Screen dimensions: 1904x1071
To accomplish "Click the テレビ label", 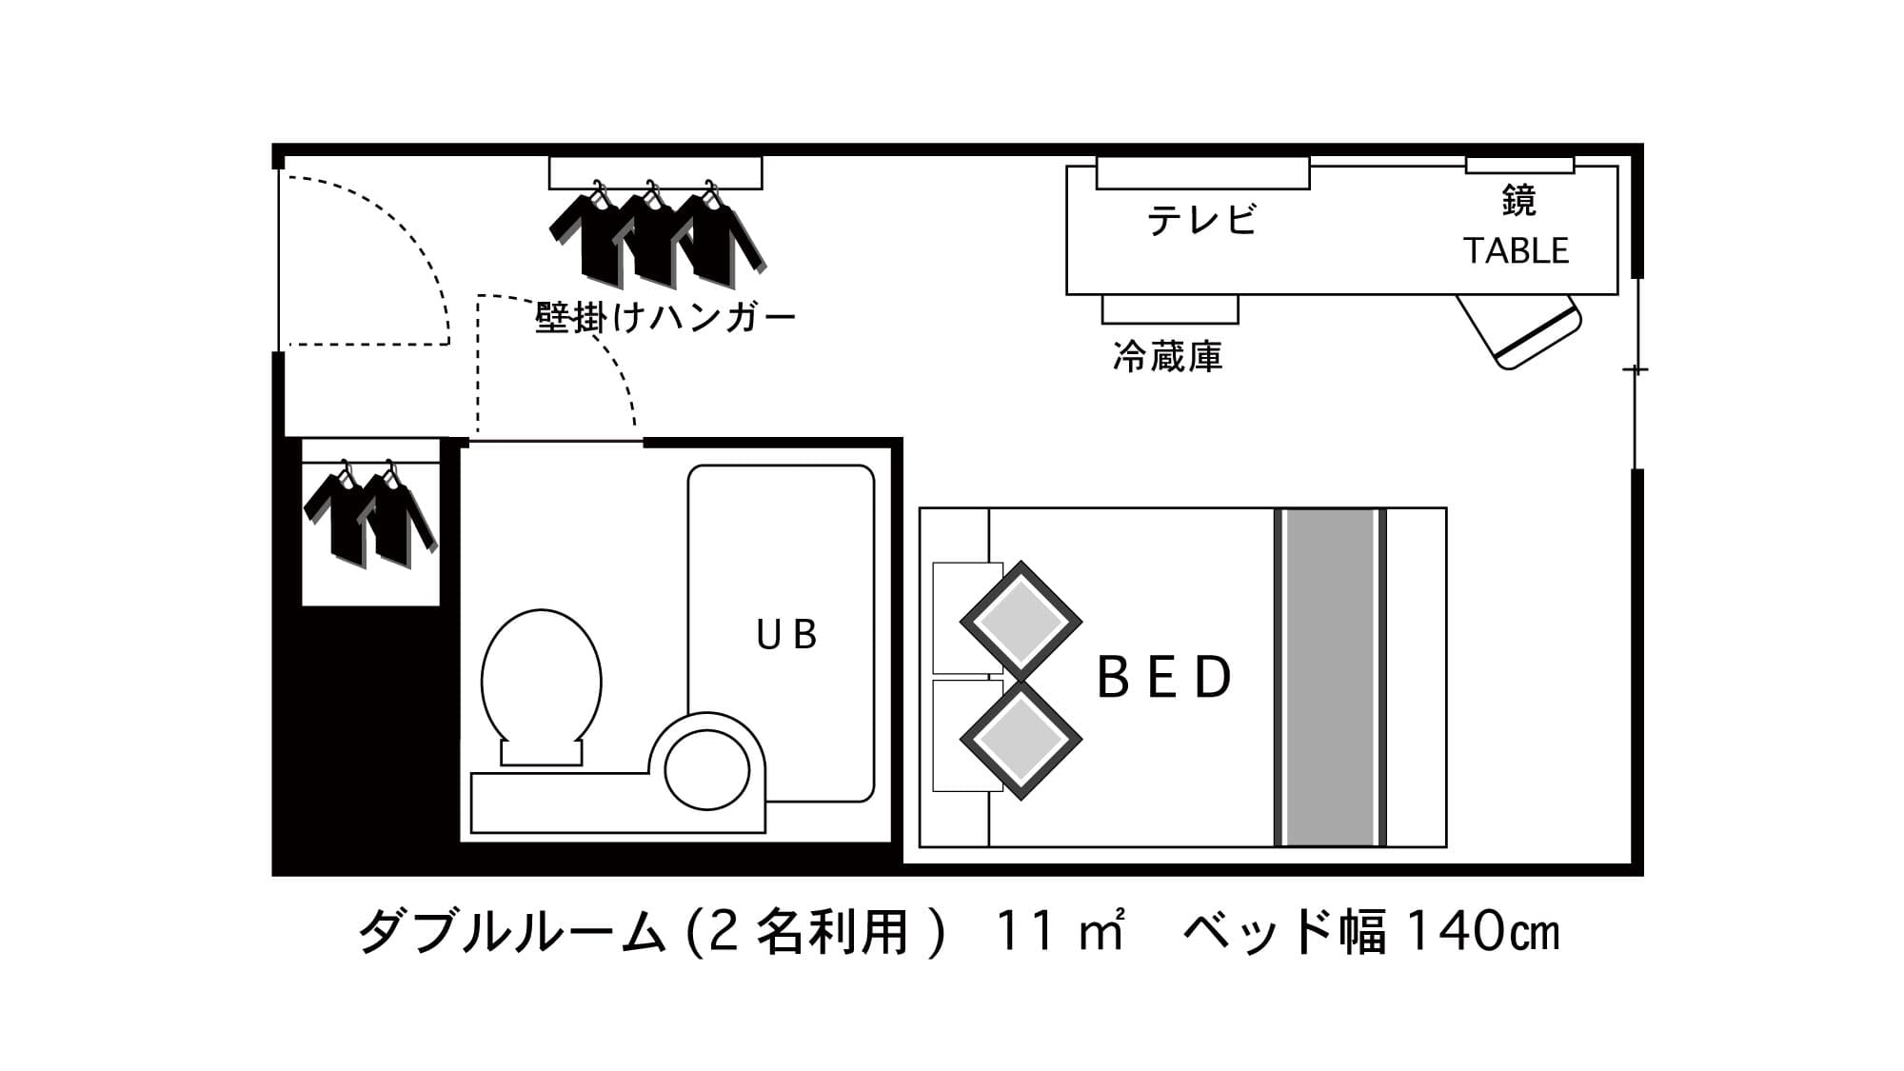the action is [x=1202, y=220].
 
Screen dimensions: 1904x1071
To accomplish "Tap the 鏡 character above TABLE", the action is [x=1518, y=201].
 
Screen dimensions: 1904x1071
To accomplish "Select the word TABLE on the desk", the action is [x=1517, y=251].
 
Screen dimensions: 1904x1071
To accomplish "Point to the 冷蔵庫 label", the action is [x=1168, y=357].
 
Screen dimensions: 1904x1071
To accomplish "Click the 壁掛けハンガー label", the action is [x=665, y=317].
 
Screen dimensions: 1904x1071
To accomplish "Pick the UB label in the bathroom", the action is [x=786, y=635].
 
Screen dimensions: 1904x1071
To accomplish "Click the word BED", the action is [x=1165, y=677].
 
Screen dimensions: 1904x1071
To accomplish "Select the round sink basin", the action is [x=707, y=769].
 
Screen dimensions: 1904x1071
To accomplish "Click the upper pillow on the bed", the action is [x=1021, y=621].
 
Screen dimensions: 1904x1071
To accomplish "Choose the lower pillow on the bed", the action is [x=1021, y=740].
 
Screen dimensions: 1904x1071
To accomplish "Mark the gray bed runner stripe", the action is [x=1330, y=677].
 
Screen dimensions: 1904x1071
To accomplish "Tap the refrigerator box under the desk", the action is [x=1170, y=309].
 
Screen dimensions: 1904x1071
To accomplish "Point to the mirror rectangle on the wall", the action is [x=1519, y=165].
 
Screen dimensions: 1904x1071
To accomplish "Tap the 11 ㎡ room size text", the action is [x=1060, y=931].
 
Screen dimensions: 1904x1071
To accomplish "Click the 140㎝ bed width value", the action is [x=1483, y=931].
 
